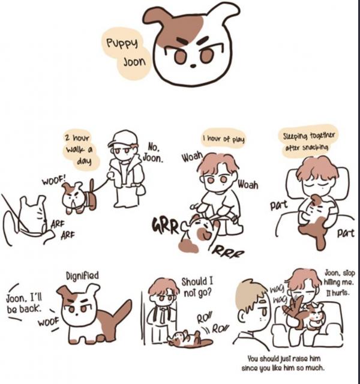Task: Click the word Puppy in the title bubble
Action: click(122, 44)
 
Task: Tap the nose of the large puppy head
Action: click(193, 66)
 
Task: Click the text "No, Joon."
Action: click(153, 152)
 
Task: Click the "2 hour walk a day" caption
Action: click(79, 149)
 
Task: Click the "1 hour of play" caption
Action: click(224, 139)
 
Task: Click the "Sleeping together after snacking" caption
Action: click(308, 142)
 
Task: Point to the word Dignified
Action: click(82, 275)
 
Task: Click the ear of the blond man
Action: click(242, 317)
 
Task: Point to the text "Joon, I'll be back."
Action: click(24, 304)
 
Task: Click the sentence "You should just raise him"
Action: click(284, 359)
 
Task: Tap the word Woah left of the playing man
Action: click(192, 157)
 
